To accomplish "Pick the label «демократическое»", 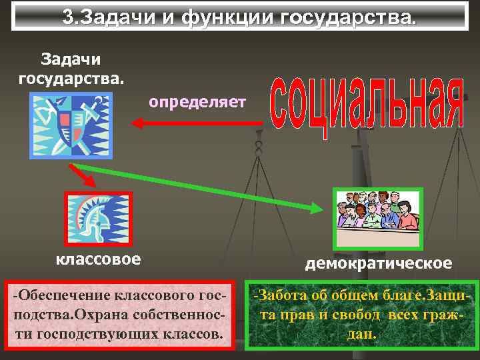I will tap(378, 263).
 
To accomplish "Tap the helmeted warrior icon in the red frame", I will tap(98, 218).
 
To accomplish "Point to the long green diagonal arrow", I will tap(200, 187).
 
